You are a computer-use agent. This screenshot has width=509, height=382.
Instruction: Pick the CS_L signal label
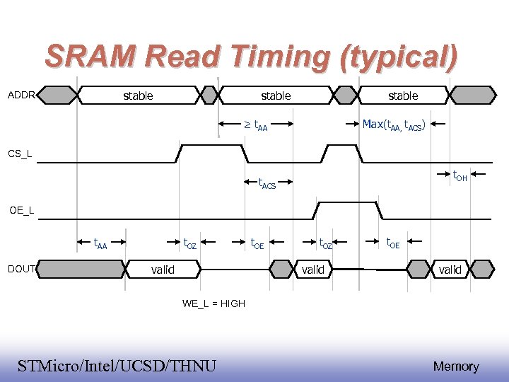point(19,154)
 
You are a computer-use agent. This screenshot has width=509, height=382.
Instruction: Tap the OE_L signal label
point(21,210)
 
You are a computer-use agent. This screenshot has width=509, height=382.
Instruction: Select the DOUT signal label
point(21,269)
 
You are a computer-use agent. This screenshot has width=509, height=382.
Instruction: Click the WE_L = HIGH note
point(213,303)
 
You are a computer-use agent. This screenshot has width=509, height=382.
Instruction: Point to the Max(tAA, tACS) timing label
point(393,125)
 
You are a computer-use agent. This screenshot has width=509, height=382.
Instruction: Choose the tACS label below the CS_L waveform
point(266,185)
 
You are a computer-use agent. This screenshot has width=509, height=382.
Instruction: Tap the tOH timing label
point(460,175)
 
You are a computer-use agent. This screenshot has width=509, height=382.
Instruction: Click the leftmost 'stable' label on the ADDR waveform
point(138,95)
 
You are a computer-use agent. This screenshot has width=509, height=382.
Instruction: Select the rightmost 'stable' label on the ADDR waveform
point(403,95)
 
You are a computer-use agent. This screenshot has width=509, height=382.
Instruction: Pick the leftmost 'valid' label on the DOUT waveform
point(163,270)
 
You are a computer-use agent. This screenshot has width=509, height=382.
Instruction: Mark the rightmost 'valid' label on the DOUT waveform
point(450,270)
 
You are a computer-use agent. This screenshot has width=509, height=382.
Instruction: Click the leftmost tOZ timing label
point(190,244)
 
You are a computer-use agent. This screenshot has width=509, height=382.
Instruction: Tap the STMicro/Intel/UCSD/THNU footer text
point(117,366)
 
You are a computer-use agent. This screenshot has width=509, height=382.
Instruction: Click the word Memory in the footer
point(456,366)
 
